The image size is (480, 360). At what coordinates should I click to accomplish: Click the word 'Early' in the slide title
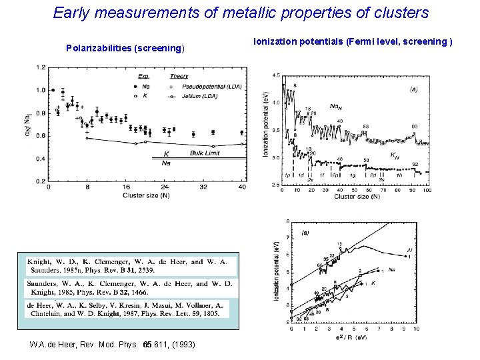point(72,13)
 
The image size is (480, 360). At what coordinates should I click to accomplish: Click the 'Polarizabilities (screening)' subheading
point(125,48)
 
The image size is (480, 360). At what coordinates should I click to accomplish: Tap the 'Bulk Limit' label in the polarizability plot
point(205,153)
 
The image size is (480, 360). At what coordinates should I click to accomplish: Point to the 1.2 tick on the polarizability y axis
point(41,67)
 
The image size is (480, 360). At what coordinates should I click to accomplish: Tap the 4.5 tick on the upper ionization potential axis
point(275,75)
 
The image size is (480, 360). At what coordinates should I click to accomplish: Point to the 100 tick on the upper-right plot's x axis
point(427,190)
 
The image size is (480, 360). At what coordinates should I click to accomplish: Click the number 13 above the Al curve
point(339,244)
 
